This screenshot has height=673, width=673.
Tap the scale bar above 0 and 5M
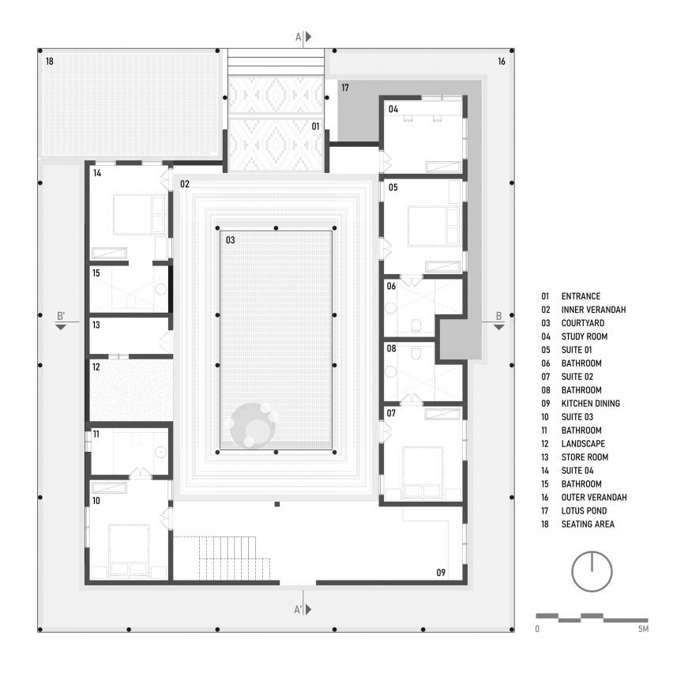[592, 618]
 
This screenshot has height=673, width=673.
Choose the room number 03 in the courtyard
[231, 240]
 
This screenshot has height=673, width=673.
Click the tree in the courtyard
[253, 425]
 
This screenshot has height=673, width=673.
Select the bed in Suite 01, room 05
[434, 226]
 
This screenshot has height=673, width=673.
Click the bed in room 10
[129, 550]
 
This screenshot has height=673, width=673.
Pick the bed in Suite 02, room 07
[423, 473]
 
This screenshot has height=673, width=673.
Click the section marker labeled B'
[61, 320]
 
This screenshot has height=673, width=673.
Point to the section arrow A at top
[303, 37]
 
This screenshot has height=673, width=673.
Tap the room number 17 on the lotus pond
[345, 88]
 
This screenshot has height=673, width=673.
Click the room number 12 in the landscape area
[96, 367]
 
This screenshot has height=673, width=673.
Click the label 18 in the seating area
[49, 62]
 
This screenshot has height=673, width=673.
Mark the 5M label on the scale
[643, 629]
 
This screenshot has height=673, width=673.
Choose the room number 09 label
[441, 572]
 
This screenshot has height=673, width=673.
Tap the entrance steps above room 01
[276, 62]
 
